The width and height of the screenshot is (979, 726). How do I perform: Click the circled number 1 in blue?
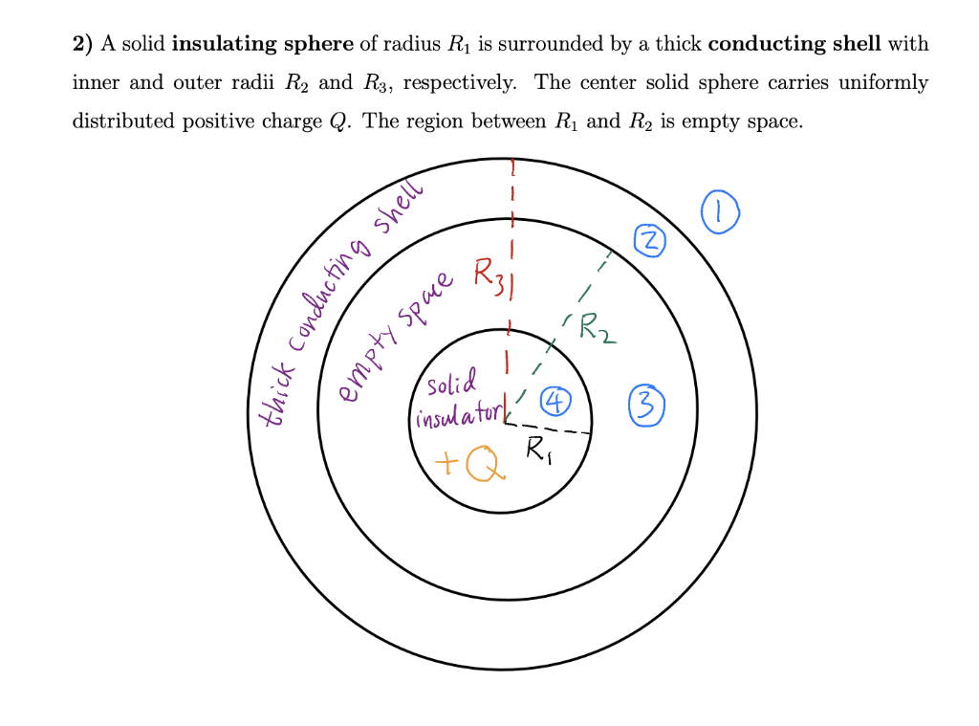[721, 212]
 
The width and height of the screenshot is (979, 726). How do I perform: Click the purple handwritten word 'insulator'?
[457, 415]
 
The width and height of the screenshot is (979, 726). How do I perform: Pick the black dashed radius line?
[550, 428]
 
